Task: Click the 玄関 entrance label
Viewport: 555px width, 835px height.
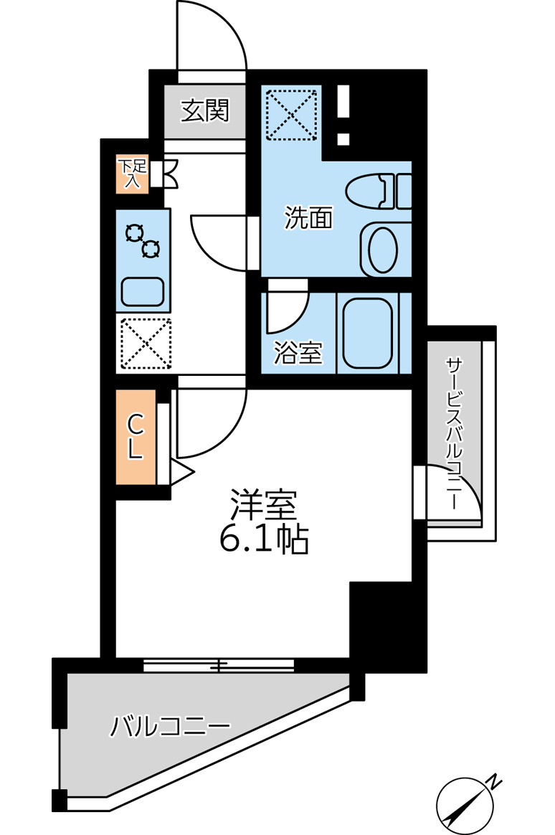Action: tap(204, 111)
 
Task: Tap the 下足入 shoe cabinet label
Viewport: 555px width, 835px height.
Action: tap(133, 174)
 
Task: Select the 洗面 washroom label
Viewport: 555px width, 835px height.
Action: tap(308, 218)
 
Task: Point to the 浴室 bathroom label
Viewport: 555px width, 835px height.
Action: tap(298, 352)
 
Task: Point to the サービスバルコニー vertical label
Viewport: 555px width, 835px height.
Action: tap(454, 435)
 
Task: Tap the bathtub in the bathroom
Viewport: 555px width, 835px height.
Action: tap(367, 332)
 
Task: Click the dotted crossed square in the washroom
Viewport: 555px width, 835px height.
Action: tap(291, 113)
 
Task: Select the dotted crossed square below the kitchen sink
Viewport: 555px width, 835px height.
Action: tap(145, 343)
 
